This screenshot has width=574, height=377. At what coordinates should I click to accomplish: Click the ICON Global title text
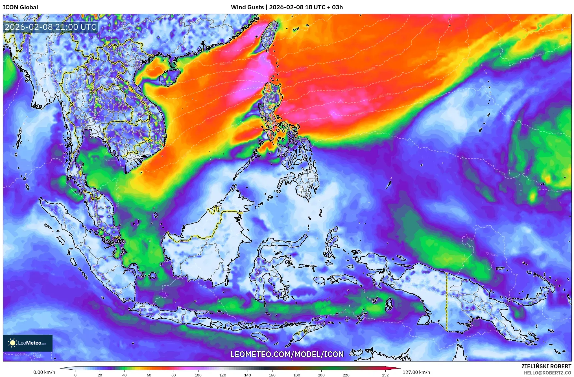20,7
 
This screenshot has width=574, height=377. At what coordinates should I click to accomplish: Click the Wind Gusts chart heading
287,7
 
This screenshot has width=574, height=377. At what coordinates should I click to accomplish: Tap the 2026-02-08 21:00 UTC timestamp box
51,27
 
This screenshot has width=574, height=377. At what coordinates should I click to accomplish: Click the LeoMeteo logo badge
28,343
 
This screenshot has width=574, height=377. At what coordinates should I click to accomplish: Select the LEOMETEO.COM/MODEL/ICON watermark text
287,354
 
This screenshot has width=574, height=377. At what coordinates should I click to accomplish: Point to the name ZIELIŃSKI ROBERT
546,366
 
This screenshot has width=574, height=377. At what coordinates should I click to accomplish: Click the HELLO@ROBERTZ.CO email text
547,373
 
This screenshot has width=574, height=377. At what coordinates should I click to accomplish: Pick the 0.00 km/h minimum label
44,372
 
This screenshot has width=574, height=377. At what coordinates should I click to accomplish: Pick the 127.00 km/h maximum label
416,372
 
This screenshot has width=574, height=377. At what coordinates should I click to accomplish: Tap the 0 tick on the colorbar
75,375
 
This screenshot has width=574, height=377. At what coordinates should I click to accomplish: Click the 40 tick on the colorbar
124,375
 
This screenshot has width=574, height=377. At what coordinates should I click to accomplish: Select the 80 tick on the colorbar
173,375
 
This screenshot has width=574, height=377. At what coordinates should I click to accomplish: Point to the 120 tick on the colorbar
223,375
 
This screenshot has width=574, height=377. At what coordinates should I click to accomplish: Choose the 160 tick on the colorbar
272,375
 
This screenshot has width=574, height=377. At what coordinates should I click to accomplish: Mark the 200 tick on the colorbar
321,375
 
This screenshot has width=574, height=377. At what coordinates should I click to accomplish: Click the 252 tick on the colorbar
385,375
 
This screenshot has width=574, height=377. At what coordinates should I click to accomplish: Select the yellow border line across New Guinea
447,302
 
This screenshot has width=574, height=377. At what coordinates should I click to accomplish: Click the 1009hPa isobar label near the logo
21,354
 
